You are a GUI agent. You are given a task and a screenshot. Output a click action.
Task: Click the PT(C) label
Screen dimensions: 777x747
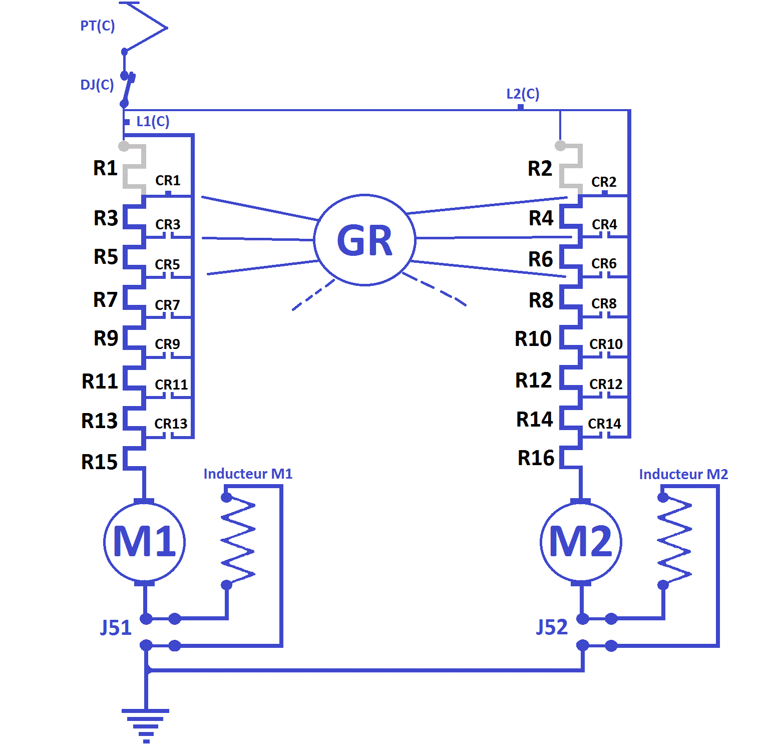pos(98,26)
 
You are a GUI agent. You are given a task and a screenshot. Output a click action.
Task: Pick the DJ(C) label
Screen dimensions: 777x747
pos(97,85)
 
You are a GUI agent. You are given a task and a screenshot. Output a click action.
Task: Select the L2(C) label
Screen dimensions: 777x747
pos(523,94)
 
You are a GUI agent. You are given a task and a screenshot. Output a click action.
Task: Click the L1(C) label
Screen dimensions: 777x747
pos(153,121)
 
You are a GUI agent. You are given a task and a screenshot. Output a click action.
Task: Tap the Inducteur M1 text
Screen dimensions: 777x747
pos(248,474)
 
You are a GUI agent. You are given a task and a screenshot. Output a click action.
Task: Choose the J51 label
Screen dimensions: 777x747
pos(116,627)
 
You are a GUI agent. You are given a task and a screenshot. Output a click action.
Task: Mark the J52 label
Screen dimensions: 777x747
pos(552,627)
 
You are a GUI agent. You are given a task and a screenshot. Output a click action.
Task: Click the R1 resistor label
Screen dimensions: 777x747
pos(105,168)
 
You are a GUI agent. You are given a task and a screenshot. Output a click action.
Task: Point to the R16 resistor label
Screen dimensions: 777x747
pos(536,458)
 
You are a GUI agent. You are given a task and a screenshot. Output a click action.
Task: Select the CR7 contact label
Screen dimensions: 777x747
pos(167,305)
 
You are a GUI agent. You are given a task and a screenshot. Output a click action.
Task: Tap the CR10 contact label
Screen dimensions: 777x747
pos(606,344)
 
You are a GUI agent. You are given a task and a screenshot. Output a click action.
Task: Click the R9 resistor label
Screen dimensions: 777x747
pos(106,338)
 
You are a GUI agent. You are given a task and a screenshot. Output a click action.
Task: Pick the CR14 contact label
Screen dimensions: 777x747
pos(604,424)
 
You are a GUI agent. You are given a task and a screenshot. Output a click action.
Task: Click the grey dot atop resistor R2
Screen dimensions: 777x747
pos(561,146)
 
